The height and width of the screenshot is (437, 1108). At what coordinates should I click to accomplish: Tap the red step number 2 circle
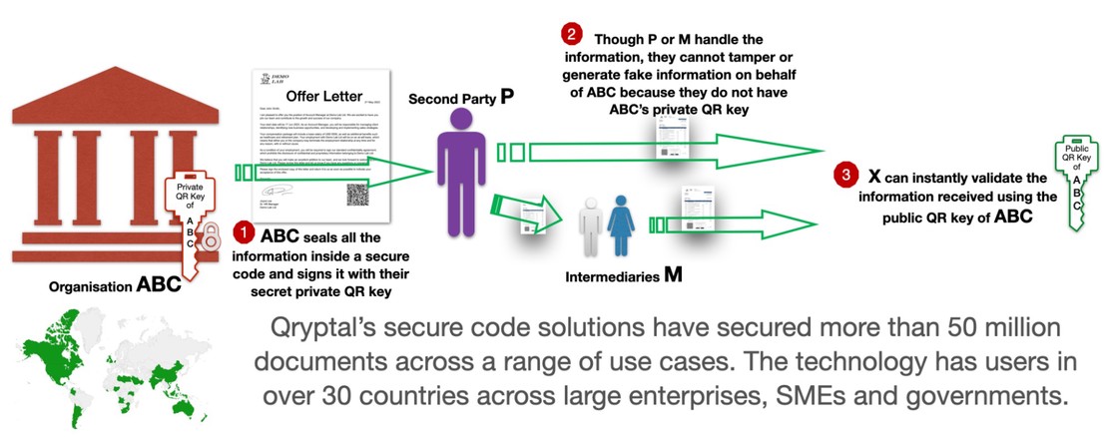(571, 34)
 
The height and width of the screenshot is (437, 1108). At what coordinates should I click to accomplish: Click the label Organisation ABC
(116, 286)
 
